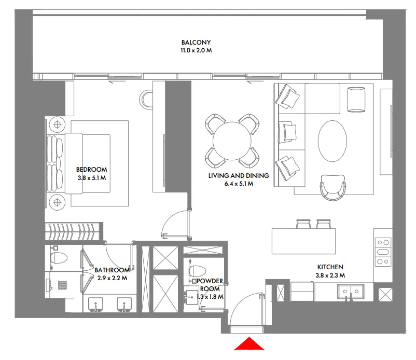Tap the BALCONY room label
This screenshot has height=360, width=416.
(196, 43)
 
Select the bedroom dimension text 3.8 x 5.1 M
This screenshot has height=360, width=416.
(91, 178)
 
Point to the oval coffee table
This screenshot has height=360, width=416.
(332, 141)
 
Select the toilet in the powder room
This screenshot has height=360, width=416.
(198, 271)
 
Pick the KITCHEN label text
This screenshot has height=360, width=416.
(329, 267)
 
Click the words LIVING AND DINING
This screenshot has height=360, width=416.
(239, 176)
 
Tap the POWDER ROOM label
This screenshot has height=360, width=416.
(210, 285)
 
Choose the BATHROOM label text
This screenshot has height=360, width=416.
(112, 270)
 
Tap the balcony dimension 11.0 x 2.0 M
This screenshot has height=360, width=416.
(196, 51)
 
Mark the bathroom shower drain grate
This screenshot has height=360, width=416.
(63, 285)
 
